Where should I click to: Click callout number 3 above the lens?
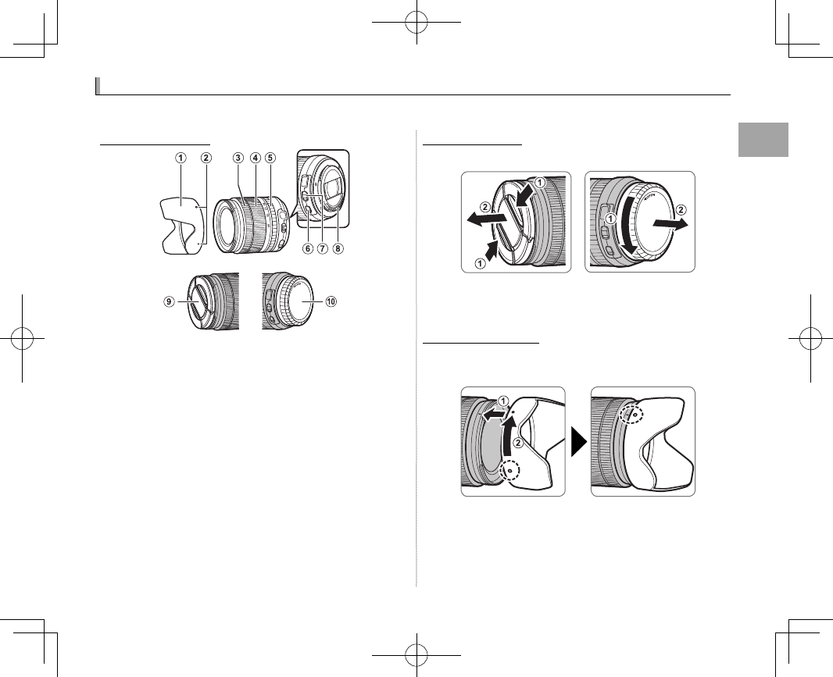[x=237, y=157]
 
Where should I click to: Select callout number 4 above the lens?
[x=255, y=157]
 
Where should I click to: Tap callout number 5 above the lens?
[x=270, y=157]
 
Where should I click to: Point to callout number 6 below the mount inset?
[x=307, y=249]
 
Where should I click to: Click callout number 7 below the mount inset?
[x=323, y=249]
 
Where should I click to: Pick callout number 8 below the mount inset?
[x=338, y=249]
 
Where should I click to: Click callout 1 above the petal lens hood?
[x=181, y=157]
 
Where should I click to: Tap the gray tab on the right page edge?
[x=763, y=140]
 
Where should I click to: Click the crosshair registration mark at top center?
[x=417, y=22]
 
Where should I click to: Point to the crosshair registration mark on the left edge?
[x=22, y=337]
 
